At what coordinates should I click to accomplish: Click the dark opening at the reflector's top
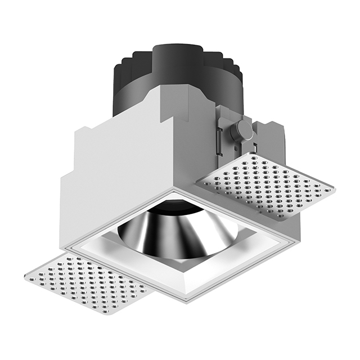[179, 210]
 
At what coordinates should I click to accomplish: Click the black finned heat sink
[141, 84]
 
